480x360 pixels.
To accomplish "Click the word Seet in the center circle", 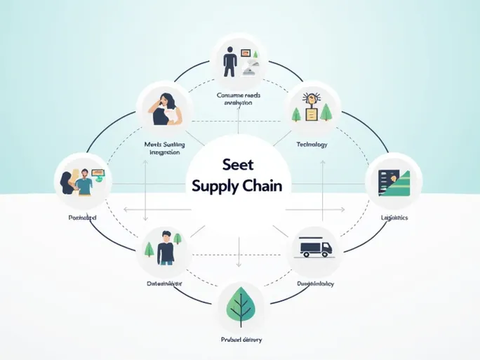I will (237, 165).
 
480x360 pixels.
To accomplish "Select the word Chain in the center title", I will (261, 186).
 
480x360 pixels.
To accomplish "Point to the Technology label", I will (312, 144).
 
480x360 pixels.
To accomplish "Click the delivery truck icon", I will (314, 248).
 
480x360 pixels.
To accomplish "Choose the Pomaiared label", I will (82, 218).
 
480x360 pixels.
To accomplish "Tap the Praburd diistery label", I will (240, 340).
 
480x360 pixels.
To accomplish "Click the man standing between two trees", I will (166, 248).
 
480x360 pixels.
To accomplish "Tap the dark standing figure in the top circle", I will (229, 61).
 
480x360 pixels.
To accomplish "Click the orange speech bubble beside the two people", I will (98, 171).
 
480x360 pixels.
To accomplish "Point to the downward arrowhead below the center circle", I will (239, 266).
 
